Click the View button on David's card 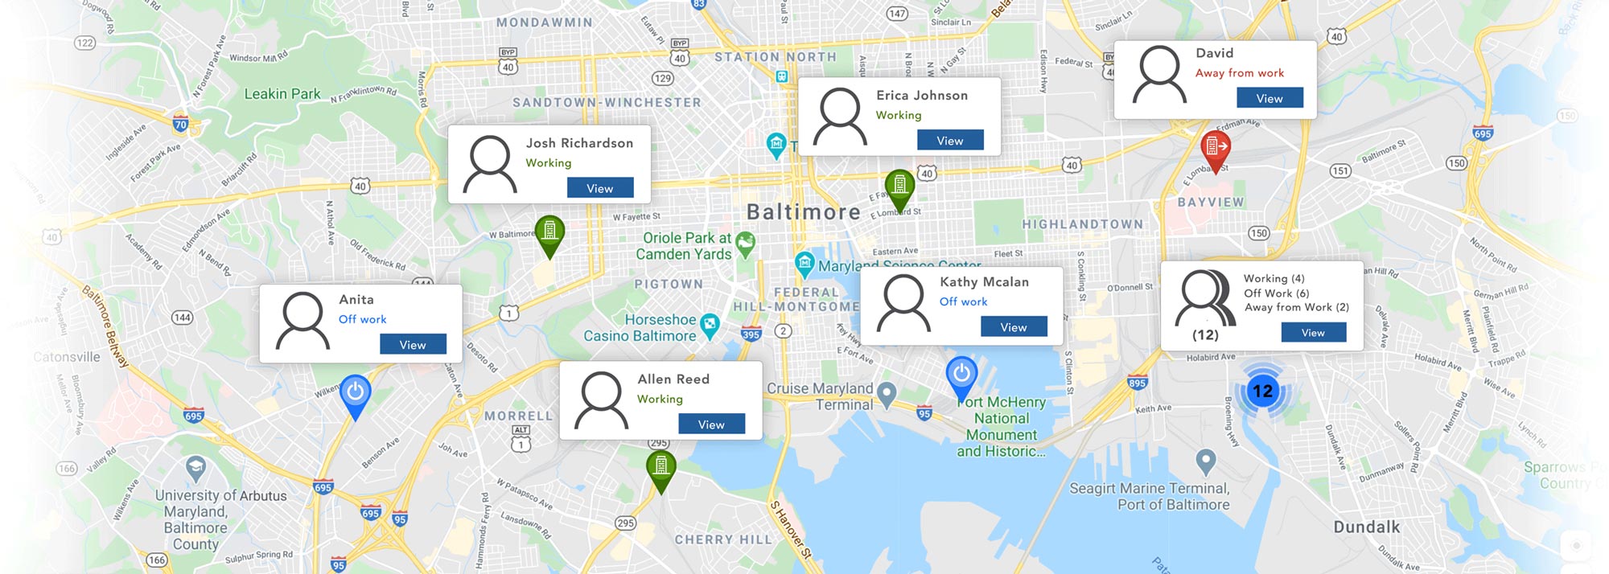pos(1269,98)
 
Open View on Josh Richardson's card pos(599,188)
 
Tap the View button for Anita pos(413,345)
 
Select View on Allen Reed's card pos(711,424)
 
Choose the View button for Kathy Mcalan pos(1014,327)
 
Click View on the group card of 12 pos(1313,333)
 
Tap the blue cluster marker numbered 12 pos(1262,392)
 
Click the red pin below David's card pos(1215,148)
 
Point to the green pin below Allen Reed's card pos(660,467)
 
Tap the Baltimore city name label pos(803,212)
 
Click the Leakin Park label pos(282,94)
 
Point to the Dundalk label pos(1366,527)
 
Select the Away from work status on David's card pos(1239,73)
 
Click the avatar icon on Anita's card pos(302,321)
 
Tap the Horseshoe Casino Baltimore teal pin pos(710,325)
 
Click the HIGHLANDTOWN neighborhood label pos(1082,224)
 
